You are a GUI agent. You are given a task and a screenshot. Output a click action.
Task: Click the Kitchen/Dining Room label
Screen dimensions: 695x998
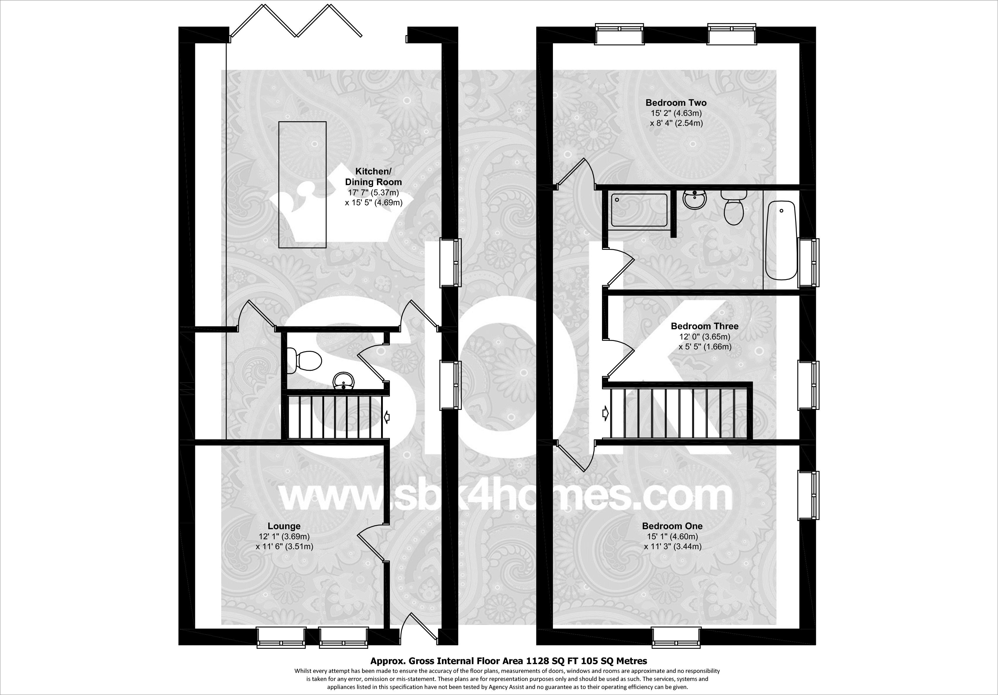[373, 176]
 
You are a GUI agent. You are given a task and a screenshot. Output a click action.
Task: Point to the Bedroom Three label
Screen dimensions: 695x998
[705, 326]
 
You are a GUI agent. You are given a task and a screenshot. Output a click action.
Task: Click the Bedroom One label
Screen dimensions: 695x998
[672, 526]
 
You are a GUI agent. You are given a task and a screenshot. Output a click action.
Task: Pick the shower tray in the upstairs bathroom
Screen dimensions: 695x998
[639, 210]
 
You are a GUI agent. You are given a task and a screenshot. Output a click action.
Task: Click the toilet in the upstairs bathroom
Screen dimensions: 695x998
[734, 209]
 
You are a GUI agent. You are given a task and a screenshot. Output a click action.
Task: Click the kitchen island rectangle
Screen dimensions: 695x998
[302, 184]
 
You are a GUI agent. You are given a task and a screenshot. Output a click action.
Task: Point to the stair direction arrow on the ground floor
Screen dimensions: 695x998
[386, 417]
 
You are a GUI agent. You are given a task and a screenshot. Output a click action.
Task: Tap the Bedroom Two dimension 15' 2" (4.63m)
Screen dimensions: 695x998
[676, 113]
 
